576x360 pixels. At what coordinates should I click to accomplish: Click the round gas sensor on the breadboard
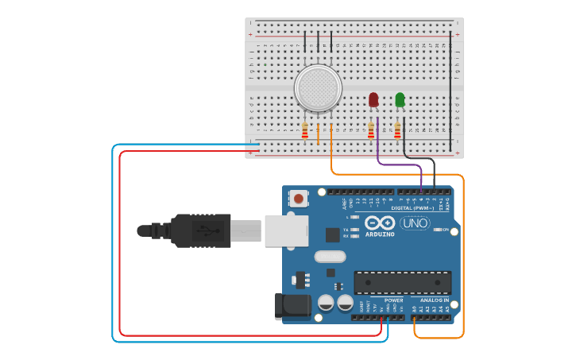[318, 87]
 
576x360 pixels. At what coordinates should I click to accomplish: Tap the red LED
[373, 99]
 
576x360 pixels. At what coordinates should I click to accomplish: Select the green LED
[400, 99]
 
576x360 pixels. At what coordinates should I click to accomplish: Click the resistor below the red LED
[371, 130]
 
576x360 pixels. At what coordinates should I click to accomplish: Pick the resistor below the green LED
[397, 130]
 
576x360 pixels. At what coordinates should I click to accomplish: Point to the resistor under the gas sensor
[305, 130]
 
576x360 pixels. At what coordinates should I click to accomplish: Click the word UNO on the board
[415, 223]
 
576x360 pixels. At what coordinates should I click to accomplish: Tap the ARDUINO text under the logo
[380, 234]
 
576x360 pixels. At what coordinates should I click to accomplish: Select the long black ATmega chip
[402, 282]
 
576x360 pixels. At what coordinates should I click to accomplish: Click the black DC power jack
[292, 306]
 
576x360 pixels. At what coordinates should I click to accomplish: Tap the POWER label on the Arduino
[392, 300]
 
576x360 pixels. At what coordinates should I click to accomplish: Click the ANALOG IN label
[434, 300]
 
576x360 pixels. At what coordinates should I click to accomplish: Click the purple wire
[397, 164]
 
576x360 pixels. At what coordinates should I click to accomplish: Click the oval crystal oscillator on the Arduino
[330, 256]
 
